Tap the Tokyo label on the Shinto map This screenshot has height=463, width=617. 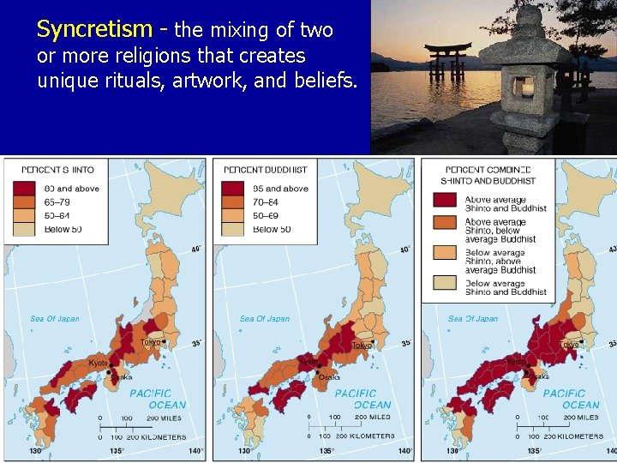(x=152, y=341)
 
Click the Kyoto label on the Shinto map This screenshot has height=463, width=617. (x=99, y=363)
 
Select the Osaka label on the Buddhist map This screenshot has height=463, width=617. (x=329, y=377)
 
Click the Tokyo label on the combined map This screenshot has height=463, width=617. (x=569, y=345)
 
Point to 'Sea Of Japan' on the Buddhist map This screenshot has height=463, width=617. (x=264, y=319)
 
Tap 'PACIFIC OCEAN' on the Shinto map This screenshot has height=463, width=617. (x=150, y=399)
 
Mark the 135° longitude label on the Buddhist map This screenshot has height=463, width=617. (x=326, y=450)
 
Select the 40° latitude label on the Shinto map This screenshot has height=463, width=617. (x=196, y=250)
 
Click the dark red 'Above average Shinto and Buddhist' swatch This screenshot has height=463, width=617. (x=445, y=201)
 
